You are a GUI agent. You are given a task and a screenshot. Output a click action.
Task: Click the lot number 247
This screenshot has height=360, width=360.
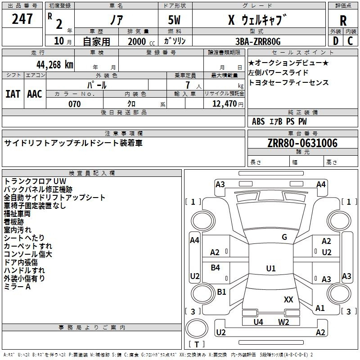[x=22, y=19]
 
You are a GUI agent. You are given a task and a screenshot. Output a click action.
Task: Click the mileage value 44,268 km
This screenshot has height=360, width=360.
[x=55, y=65]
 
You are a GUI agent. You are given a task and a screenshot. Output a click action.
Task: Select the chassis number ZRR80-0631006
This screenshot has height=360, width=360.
[x=302, y=143]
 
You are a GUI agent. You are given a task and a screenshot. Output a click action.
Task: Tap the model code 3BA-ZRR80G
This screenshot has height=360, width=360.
[x=258, y=41]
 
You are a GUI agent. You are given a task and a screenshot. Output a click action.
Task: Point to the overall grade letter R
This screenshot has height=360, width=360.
[x=343, y=21]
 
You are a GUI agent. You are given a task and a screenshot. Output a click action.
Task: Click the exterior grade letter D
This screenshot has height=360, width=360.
[x=336, y=41]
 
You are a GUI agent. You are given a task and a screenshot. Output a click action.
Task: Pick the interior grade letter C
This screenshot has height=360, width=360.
[x=350, y=41]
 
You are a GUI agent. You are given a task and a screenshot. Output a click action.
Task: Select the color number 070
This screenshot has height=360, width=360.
[x=75, y=104]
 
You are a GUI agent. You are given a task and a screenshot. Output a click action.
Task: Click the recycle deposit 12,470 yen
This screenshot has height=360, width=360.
[x=228, y=104]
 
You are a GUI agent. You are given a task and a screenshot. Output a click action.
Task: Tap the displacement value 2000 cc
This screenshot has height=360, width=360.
[x=141, y=41]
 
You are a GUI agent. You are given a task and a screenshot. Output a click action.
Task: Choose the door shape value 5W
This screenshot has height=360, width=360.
[x=174, y=20]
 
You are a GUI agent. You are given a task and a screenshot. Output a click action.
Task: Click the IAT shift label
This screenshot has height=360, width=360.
[x=13, y=94]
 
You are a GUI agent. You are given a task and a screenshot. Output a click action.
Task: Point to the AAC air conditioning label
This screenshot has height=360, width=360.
[x=35, y=94]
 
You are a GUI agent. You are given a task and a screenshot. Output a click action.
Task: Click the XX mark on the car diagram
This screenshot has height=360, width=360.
[x=288, y=299]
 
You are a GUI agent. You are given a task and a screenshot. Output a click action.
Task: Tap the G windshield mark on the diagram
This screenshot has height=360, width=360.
[x=284, y=237]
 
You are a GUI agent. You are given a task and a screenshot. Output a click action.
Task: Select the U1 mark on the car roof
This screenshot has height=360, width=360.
[x=271, y=268]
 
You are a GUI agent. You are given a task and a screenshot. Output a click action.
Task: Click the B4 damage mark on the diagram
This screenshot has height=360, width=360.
[x=216, y=267]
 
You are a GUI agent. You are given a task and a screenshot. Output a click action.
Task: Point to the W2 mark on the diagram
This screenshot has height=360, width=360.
[x=283, y=322]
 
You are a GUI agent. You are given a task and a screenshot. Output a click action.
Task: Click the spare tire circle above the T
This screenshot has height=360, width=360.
[x=197, y=328]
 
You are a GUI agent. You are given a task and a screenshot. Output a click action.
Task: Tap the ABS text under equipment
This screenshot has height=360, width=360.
[x=258, y=121]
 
